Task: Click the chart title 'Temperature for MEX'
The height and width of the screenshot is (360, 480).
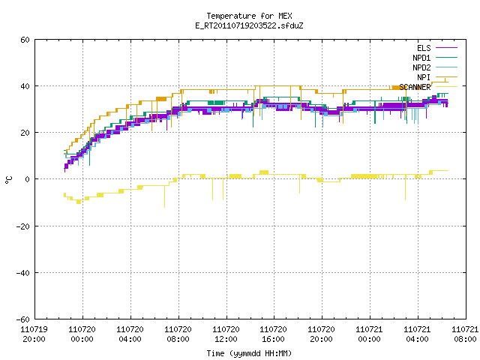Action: (249, 16)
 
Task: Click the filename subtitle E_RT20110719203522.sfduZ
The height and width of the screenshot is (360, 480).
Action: (249, 25)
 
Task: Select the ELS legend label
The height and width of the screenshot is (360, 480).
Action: (424, 48)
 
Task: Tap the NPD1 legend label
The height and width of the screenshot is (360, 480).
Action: (421, 58)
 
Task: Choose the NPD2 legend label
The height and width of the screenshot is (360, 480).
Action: (421, 67)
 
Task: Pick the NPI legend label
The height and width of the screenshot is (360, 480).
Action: (424, 77)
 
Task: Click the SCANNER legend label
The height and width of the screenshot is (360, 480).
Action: (415, 87)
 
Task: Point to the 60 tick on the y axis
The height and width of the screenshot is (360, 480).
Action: (25, 40)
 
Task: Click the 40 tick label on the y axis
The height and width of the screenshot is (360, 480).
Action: (25, 86)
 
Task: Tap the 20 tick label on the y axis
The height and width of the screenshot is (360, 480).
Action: (25, 133)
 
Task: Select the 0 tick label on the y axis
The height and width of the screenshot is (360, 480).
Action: (28, 179)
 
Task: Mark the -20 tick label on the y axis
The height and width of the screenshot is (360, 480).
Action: (23, 226)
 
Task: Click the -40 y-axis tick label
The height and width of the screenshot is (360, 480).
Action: (23, 273)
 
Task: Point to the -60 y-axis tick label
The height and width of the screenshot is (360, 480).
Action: (23, 319)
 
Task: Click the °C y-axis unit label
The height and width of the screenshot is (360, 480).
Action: (8, 180)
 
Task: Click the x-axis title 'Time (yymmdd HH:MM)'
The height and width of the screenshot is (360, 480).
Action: (249, 353)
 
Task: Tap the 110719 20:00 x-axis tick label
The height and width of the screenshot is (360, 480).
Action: (34, 334)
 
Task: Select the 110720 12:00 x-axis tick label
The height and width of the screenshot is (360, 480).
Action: (226, 334)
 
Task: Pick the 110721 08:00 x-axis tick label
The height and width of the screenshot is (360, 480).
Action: (465, 334)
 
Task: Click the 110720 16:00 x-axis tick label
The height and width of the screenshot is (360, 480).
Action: (273, 334)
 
